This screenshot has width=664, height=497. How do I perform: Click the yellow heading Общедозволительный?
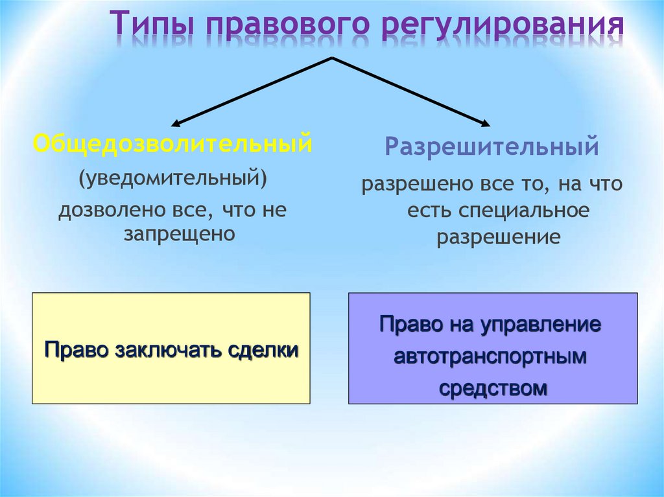tap(172, 143)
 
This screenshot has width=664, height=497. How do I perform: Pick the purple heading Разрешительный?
tap(492, 146)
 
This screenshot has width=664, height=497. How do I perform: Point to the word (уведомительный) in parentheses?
tap(173, 177)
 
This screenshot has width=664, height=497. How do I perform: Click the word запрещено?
tap(179, 233)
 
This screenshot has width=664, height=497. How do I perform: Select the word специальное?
tap(525, 211)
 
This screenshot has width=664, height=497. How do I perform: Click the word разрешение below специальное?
tap(498, 237)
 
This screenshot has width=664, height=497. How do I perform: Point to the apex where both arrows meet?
tap(332, 58)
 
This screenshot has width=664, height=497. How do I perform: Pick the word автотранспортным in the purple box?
tap(490, 356)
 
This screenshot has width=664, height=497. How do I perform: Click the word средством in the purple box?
tap(493, 388)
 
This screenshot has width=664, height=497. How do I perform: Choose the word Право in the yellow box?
tap(77, 351)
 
